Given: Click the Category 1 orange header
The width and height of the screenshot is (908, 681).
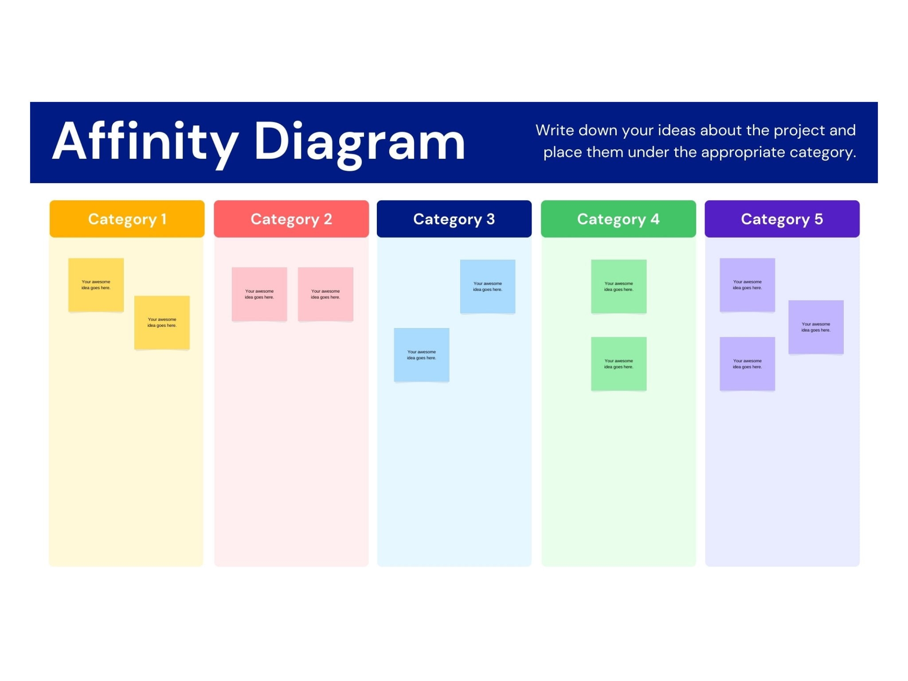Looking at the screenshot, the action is tap(127, 219).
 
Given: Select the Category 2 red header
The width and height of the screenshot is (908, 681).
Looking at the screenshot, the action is tap(291, 219).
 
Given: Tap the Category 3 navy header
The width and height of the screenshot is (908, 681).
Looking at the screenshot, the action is tap(454, 219).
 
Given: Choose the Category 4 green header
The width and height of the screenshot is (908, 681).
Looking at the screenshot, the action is tap(618, 219).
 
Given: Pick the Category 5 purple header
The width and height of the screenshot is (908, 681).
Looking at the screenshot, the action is tap(782, 219).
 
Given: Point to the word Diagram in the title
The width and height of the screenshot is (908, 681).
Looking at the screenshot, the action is tap(360, 144).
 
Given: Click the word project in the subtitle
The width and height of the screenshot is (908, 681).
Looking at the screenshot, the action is tap(799, 131).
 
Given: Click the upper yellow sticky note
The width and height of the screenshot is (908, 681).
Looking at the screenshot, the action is tap(96, 285).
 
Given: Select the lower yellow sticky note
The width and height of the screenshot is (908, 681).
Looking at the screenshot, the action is tap(162, 323).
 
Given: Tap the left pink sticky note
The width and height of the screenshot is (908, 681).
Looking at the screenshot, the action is tap(259, 294).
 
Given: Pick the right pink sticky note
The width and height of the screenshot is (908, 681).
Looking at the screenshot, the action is tap(325, 294).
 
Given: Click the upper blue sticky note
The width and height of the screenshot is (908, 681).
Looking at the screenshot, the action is tap(488, 286).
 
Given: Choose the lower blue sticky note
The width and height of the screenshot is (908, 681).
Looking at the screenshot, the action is tap(422, 355).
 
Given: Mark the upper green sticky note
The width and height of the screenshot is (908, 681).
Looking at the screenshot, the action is tap(619, 286).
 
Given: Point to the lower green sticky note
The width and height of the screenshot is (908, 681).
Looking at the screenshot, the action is tap(619, 364).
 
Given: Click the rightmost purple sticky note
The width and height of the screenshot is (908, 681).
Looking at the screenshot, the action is tap(816, 327).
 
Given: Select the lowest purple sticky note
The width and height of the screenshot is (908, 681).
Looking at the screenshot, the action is tap(748, 364).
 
